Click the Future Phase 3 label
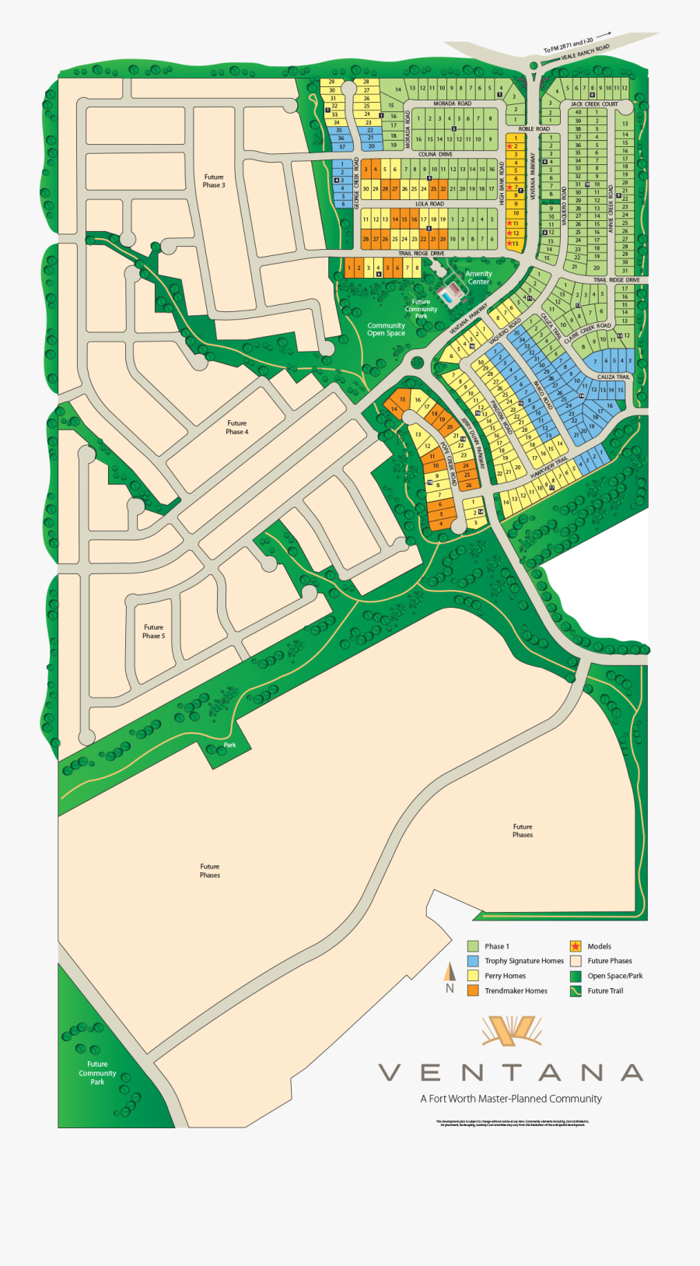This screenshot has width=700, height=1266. coord(214,181)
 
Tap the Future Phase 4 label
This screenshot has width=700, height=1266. coord(237,428)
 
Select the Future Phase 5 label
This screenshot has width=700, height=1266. coord(153,632)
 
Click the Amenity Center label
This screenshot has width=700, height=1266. coord(478,278)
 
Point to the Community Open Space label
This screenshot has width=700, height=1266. coord(386,330)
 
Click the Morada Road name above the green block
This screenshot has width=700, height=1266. coord(452,103)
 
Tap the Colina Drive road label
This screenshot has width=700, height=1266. coord(435,155)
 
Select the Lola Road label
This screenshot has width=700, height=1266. coord(429,204)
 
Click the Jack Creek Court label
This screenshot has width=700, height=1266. coord(593,104)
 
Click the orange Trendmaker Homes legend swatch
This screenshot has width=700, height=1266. coord(473,991)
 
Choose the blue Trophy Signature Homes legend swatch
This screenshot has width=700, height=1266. coord(473,961)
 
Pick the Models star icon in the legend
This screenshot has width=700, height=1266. coord(576,946)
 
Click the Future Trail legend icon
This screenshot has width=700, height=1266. coord(576,991)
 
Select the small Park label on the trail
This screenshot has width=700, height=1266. coord(229,745)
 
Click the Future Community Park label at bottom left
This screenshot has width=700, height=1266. coord(97,1073)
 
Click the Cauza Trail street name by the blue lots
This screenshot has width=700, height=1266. coord(613,377)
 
